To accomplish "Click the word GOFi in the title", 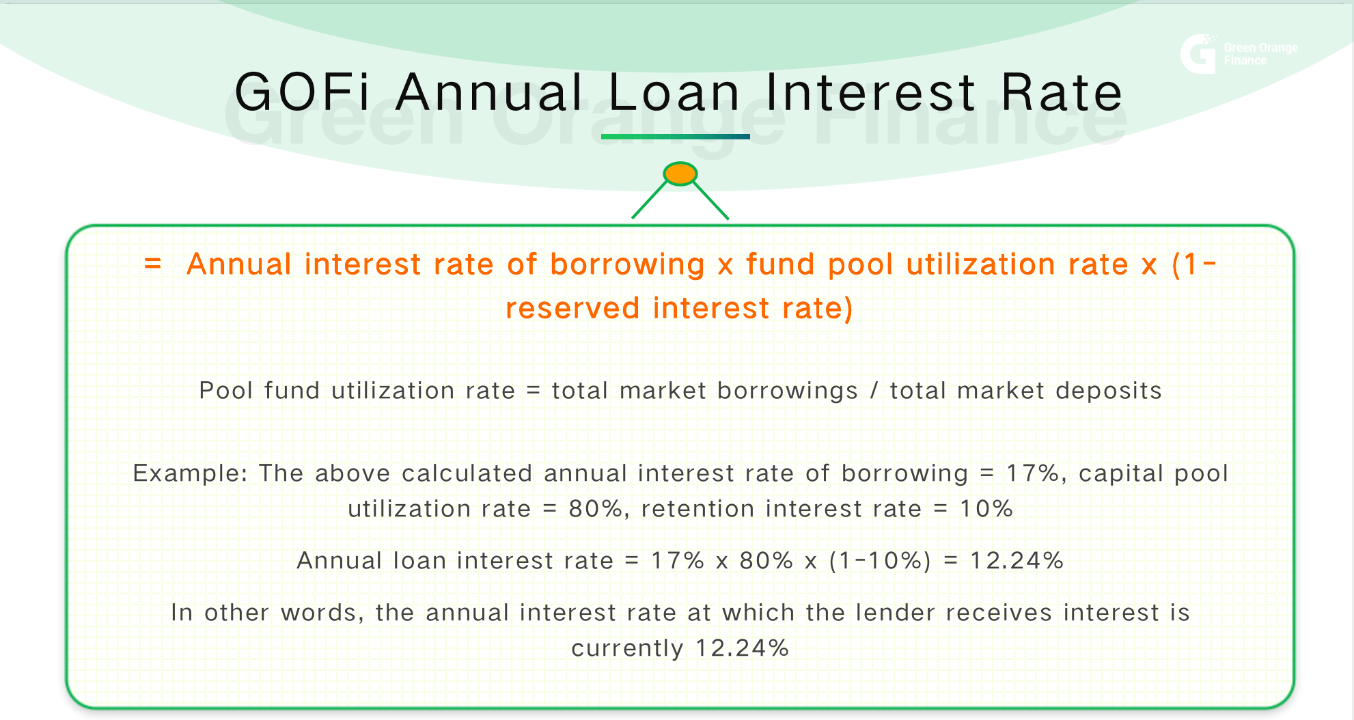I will [302, 93].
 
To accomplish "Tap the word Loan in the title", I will [674, 93].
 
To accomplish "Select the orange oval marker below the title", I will [680, 174].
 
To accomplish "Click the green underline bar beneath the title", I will [675, 137].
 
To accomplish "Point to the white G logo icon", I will [1198, 54].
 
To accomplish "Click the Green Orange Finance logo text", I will [1260, 54].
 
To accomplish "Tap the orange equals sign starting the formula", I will [153, 264].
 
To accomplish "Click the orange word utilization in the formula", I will [980, 264].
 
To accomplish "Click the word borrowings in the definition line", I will [787, 391].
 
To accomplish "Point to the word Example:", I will [190, 473].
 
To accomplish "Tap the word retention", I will [697, 509].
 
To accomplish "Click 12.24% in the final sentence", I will [742, 648].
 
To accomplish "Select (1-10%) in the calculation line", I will [880, 561].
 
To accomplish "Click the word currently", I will [627, 648].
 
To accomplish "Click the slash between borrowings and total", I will [874, 391].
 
